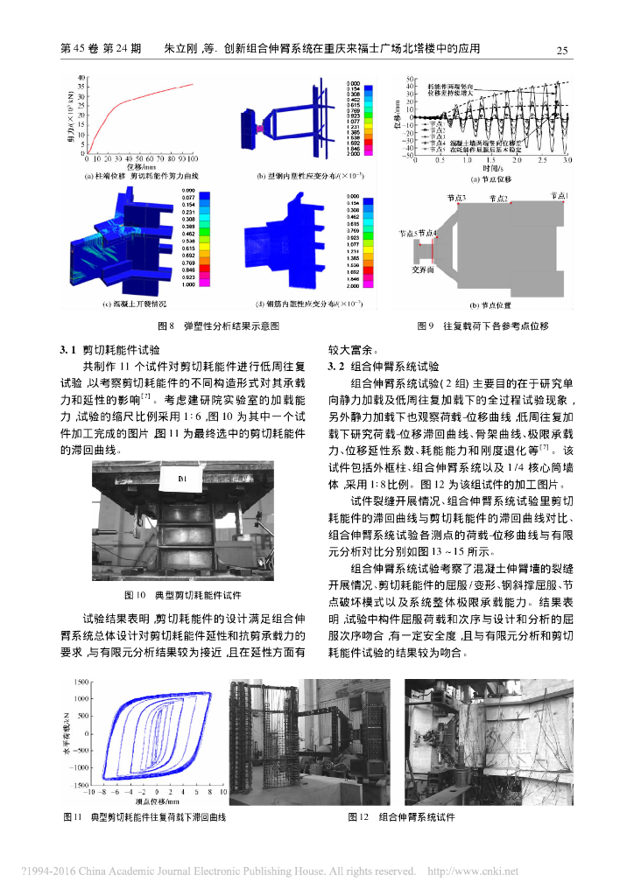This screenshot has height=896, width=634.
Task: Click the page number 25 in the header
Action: (563, 50)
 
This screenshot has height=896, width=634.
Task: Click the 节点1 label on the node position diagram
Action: (559, 197)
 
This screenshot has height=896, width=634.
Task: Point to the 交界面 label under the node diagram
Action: (425, 271)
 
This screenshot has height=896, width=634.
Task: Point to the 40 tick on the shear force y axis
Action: (81, 78)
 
